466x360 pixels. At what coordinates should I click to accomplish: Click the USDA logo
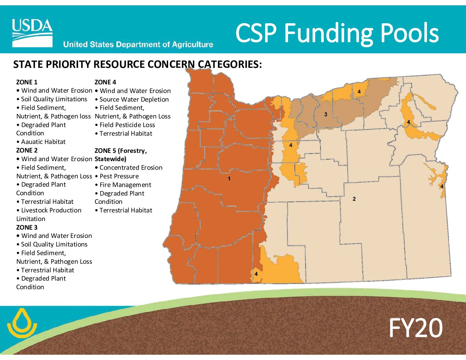32,33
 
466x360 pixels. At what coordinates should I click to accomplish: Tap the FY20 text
416,328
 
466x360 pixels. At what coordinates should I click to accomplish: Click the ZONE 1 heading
27,82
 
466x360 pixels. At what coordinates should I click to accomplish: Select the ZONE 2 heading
27,150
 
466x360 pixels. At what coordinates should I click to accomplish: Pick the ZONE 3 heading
27,227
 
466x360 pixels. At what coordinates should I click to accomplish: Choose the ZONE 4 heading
105,82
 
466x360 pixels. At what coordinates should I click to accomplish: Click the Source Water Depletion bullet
132,100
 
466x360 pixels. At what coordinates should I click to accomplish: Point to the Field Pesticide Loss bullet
125,125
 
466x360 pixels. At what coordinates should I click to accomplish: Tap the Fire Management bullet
123,185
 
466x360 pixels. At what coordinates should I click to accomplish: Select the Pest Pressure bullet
117,176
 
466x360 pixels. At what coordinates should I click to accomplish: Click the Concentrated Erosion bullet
129,168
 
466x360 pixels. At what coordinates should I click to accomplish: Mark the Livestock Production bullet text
49,214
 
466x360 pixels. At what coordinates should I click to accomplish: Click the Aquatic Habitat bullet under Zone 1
41,142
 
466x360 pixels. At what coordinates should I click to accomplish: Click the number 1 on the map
229,179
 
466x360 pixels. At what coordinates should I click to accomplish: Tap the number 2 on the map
354,199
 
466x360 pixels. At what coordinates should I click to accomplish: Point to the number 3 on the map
326,114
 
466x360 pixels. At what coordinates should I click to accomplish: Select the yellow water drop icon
22,323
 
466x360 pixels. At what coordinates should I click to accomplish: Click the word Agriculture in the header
192,44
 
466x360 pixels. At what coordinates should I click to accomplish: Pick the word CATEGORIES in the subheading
230,64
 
